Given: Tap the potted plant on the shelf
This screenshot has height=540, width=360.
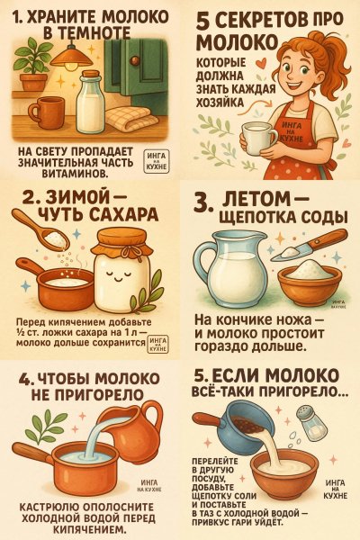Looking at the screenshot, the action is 32,65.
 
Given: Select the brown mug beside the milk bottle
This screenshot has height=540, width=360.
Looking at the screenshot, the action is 47,112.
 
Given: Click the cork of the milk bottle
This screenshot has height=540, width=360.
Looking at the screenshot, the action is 92,74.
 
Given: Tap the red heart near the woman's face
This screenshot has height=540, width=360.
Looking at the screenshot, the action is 262,63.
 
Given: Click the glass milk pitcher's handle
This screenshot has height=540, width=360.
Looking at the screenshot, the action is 202,265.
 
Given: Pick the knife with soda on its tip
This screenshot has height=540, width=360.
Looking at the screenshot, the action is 308,245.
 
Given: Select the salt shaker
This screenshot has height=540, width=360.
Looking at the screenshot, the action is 308,422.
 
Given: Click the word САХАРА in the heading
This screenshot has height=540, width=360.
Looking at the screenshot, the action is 125,214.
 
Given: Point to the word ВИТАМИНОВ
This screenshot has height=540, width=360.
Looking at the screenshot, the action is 76,173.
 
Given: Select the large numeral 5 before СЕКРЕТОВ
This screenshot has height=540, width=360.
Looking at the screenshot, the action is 204,21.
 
